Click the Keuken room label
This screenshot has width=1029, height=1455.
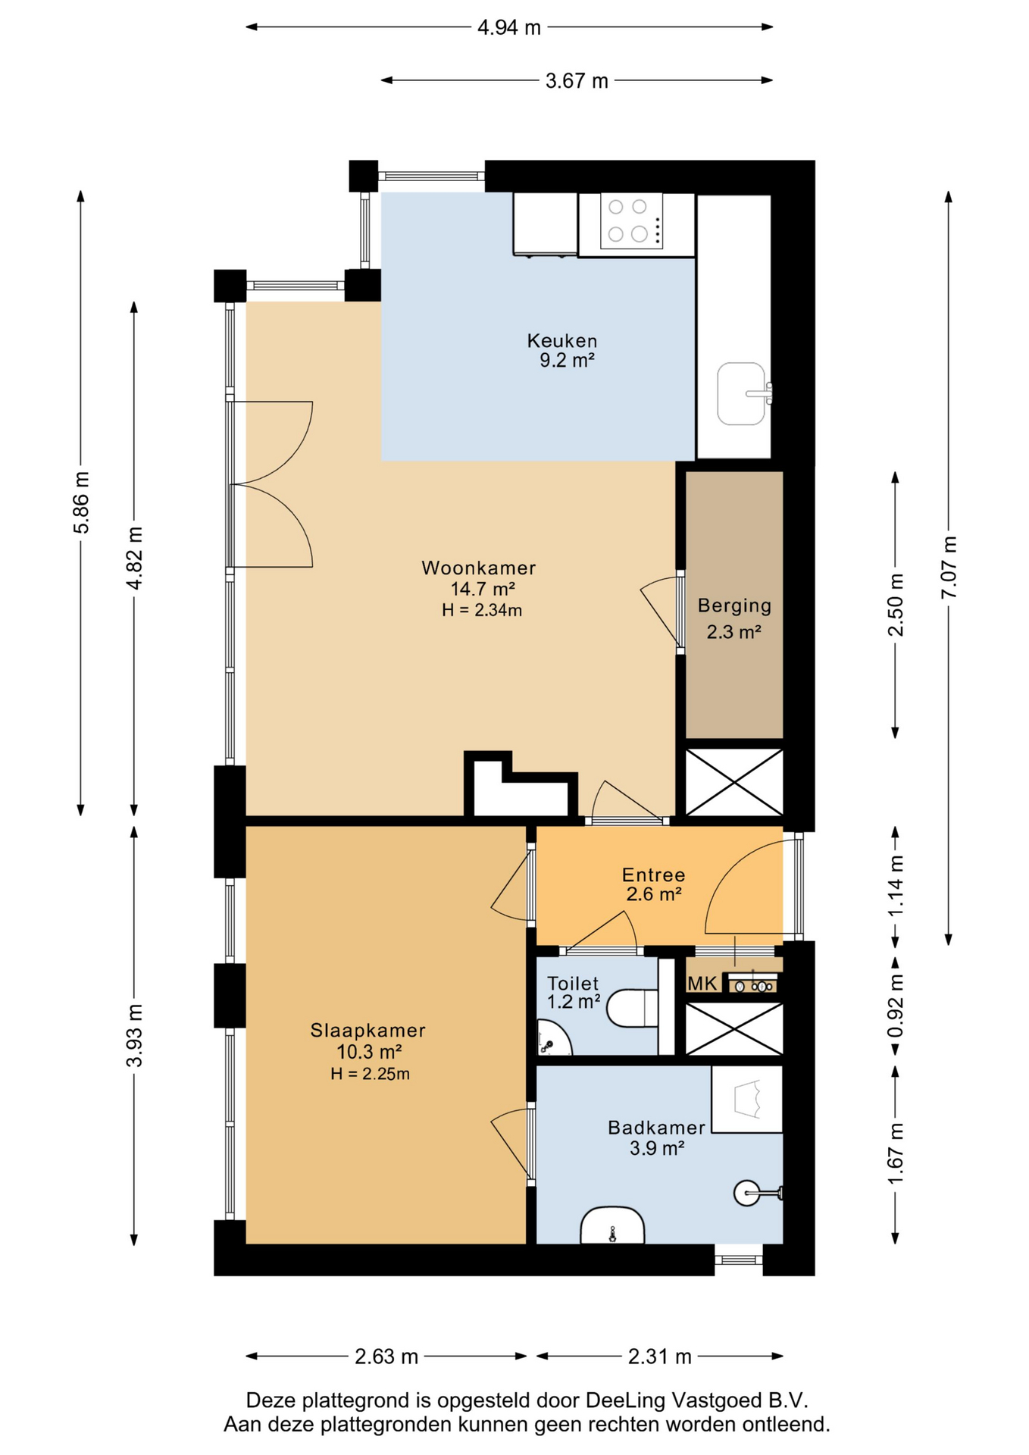pos(562,341)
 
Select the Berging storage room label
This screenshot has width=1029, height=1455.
pos(734,606)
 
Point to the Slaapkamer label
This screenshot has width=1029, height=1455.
pos(367,1031)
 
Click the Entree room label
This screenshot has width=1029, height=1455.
pos(653,875)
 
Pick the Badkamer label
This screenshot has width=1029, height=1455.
pos(656,1128)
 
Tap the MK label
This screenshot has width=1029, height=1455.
pos(702,984)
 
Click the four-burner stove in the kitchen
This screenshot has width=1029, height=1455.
pos(630,220)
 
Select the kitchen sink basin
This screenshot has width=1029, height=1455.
pos(742,393)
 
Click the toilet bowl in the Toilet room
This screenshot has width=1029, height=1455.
pos(633,1008)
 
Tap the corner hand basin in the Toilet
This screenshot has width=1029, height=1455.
pos(553,1038)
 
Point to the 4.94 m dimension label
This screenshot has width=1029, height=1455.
pos(509,28)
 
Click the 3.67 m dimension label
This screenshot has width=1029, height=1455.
pos(577,81)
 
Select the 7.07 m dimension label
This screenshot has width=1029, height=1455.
pos(949,567)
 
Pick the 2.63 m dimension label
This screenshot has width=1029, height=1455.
pos(386,1356)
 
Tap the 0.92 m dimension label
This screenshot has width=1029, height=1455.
pos(896,1007)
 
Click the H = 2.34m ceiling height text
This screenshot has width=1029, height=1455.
pos(482,610)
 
